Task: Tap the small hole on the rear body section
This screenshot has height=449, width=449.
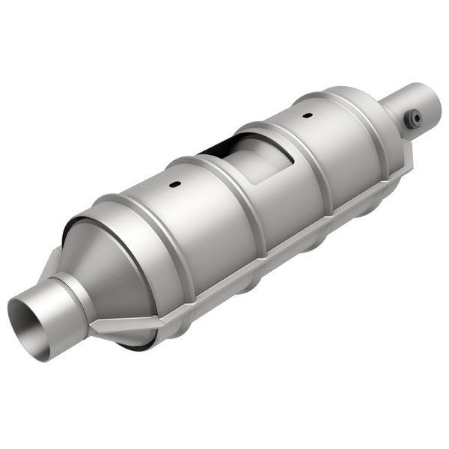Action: [x=305, y=117]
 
